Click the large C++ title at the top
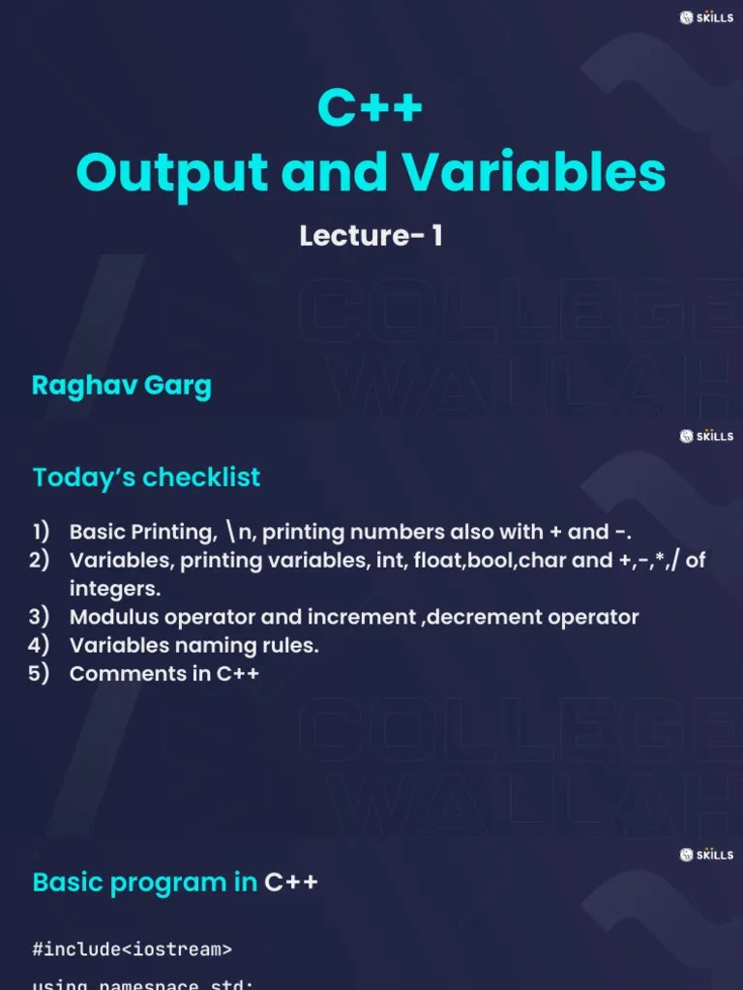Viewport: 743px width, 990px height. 371,107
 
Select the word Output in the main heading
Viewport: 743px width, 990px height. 171,172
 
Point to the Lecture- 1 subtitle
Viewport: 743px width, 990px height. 371,236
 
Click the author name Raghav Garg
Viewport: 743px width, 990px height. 121,385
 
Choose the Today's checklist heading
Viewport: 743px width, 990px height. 146,477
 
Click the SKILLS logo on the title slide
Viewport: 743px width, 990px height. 706,17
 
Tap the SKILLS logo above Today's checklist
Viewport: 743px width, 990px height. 706,436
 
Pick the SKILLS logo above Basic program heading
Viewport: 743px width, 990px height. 706,855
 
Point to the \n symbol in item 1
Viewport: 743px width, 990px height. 238,533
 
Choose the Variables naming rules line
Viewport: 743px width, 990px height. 193,645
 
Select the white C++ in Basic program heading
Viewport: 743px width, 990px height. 291,882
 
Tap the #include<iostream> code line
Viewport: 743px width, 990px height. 132,949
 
